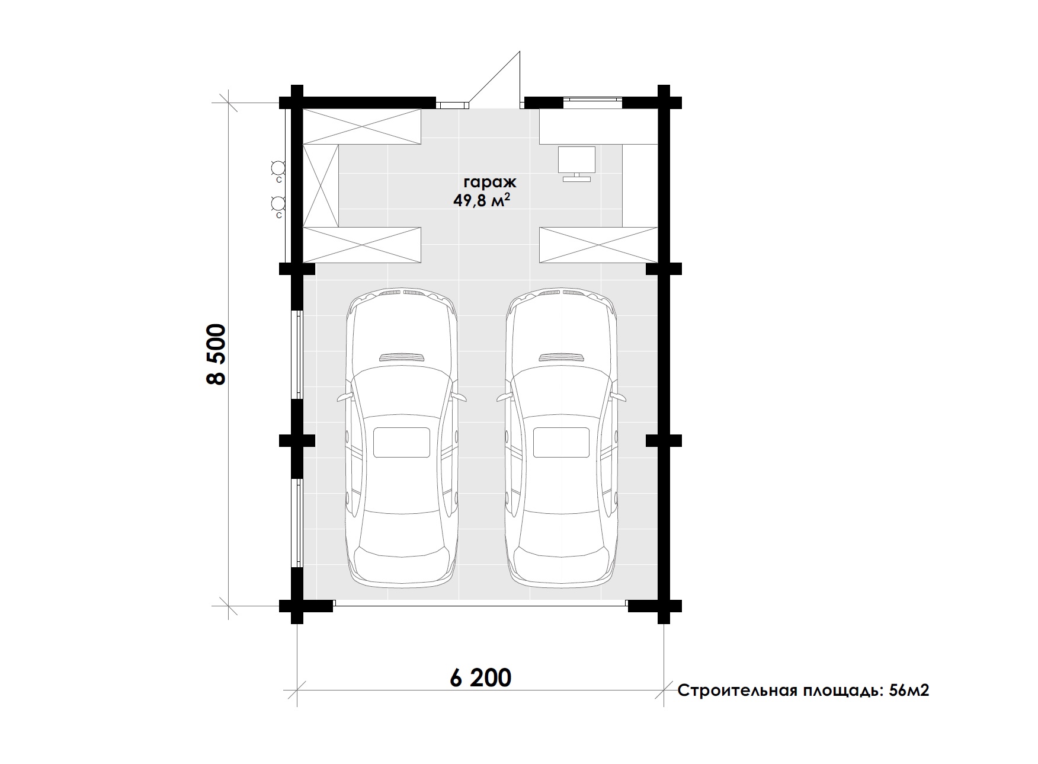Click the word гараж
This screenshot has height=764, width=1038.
tap(490, 182)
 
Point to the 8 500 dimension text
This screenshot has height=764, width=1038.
tap(216, 354)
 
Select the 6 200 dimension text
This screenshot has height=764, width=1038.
tap(480, 677)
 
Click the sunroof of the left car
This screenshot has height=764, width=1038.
tap(402, 442)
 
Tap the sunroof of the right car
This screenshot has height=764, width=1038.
tap(562, 442)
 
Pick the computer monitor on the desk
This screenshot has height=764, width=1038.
tap(576, 164)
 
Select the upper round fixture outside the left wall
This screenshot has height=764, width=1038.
tap(277, 167)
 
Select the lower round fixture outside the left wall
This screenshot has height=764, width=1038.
tap(277, 204)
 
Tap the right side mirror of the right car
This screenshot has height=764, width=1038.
tap(619, 397)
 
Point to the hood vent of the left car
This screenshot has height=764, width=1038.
tap(402, 357)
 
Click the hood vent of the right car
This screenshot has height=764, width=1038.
tap(562, 357)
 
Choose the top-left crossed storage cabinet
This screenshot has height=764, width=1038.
tap(362, 126)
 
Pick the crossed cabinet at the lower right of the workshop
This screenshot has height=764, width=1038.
tap(598, 245)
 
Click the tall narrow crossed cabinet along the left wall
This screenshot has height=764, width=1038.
tap(321, 186)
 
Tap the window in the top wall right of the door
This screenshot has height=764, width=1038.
tap(592, 102)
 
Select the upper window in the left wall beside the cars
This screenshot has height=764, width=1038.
tap(298, 354)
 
